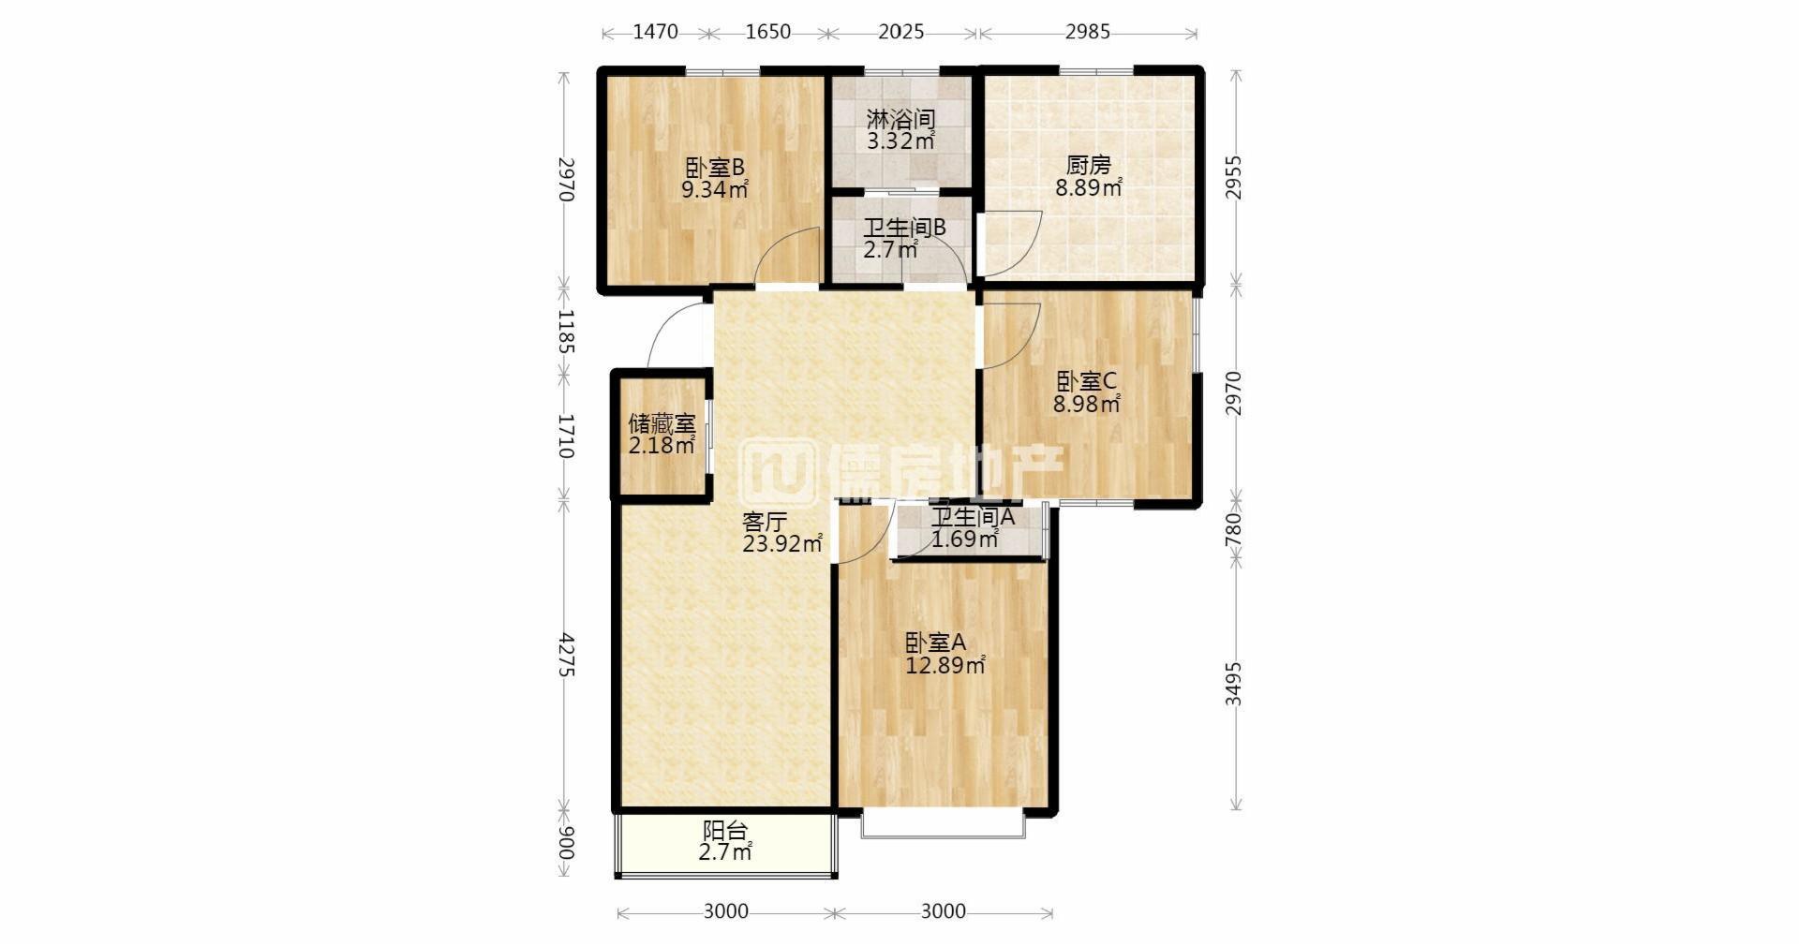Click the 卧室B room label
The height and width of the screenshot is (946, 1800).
pos(715,168)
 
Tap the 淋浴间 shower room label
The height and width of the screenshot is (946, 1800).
pos(900,119)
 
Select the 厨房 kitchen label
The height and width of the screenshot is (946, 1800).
pos(1089,165)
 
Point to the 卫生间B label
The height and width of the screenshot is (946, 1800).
pos(904,228)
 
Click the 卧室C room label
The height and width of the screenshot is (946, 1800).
pos(1087,381)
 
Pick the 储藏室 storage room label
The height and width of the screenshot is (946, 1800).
pos(662,422)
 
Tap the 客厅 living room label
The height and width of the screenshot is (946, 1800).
pos(765,522)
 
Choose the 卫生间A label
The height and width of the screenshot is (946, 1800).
pos(973,516)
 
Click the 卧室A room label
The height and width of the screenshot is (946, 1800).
pos(935,643)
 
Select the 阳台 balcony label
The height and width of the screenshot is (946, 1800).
pos(725,830)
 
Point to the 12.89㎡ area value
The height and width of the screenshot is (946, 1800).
pos(945,666)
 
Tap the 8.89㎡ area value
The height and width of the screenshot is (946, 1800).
pos(1089,188)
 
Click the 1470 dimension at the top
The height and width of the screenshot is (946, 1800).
pos(655,32)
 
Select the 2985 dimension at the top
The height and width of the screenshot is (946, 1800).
pos(1087,32)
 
